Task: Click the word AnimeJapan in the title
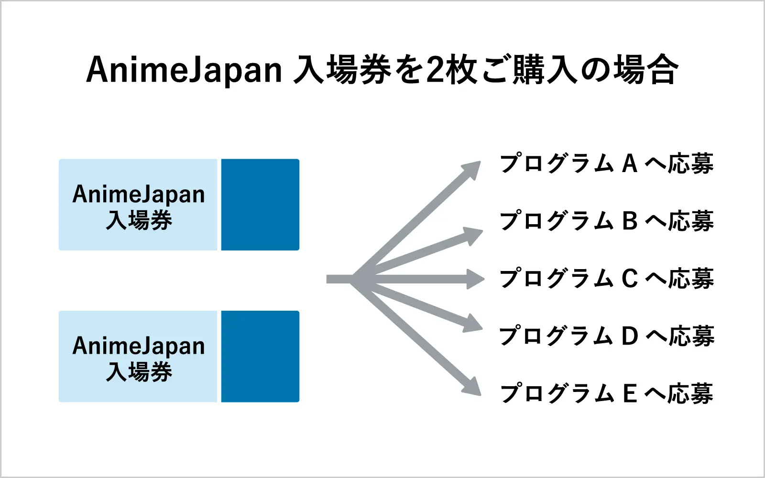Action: point(184,70)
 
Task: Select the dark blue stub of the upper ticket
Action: point(260,205)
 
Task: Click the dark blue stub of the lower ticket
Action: point(260,357)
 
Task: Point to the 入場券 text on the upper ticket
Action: point(139,220)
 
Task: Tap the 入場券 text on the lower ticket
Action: point(139,372)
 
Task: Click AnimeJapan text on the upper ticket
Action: point(139,194)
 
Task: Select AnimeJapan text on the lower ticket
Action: point(139,346)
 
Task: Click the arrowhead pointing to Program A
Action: point(471,170)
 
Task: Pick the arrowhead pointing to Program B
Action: point(473,236)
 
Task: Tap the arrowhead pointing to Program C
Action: point(475,279)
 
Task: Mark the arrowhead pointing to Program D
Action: point(473,323)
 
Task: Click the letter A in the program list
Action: point(630,163)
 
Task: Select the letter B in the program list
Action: point(630,221)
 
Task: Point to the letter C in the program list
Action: point(630,278)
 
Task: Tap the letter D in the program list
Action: point(630,336)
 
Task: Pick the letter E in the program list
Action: point(630,393)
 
